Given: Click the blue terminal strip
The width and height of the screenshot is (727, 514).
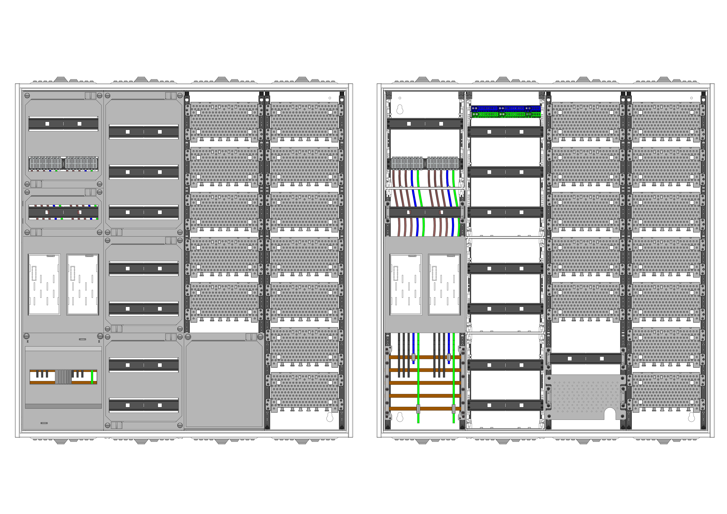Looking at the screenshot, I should tap(506, 108).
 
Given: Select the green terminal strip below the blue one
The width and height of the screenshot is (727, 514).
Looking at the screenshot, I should tap(506, 114).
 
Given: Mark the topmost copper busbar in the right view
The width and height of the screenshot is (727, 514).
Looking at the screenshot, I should tap(425, 357).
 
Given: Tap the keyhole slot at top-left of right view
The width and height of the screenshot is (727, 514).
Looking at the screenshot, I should tap(400, 109).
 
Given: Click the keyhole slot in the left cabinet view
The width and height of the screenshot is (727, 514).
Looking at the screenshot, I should tap(330, 417).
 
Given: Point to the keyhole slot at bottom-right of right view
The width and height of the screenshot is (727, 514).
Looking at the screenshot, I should tap(692, 417).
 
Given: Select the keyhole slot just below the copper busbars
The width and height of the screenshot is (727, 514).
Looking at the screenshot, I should tap(400, 417).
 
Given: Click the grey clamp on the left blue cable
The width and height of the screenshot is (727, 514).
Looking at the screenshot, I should tap(413, 357).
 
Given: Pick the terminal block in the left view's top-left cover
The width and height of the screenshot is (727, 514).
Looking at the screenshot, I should tap(63, 164).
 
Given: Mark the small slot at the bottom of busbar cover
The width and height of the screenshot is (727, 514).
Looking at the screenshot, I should tap(44, 423).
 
